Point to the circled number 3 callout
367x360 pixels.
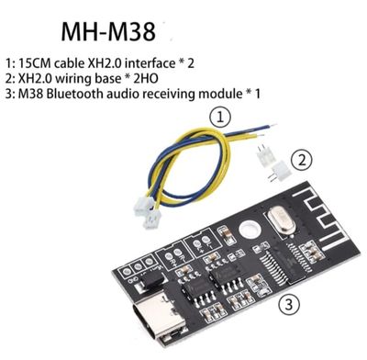point(287,303)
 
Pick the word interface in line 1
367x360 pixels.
point(165,63)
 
